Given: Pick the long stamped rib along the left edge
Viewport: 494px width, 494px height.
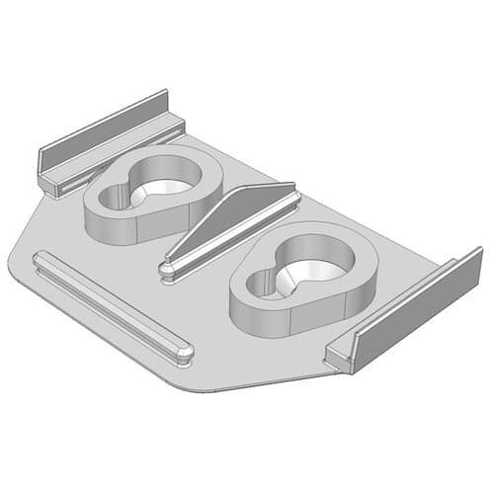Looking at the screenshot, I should point(109,302).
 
